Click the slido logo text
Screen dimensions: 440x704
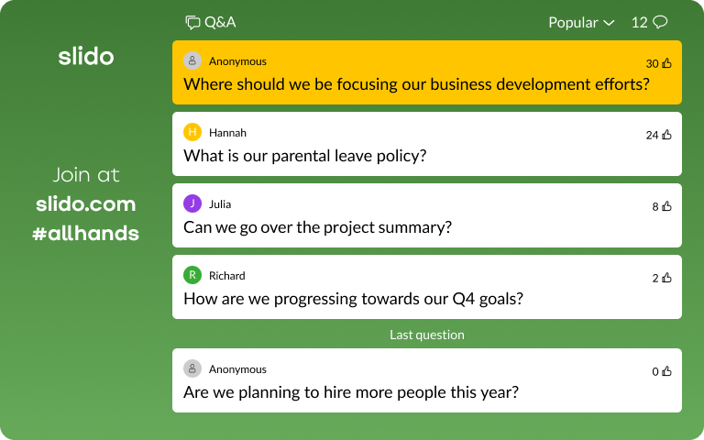pyautogui.click(x=86, y=57)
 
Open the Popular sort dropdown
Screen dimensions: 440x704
pyautogui.click(x=581, y=22)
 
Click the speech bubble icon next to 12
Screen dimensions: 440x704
pyautogui.click(x=660, y=22)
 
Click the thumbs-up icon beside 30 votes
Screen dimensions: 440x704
pyautogui.click(x=666, y=63)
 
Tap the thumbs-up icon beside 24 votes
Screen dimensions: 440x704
pyautogui.click(x=666, y=135)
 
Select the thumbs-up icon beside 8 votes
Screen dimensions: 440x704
pyautogui.click(x=666, y=206)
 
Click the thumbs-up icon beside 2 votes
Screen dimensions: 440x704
pyautogui.click(x=666, y=278)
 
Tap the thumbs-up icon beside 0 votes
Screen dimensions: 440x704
pyautogui.click(x=666, y=371)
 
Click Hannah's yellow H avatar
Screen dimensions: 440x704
pyautogui.click(x=192, y=132)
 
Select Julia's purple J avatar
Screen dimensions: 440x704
pyautogui.click(x=192, y=203)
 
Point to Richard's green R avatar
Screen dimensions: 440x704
pyautogui.click(x=192, y=275)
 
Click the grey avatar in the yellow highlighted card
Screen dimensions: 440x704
pyautogui.click(x=192, y=60)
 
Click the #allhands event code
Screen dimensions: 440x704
pyautogui.click(x=86, y=233)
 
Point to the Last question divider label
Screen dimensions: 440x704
pyautogui.click(x=427, y=335)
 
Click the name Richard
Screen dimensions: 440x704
pyautogui.click(x=227, y=275)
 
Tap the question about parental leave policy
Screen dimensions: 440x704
pyautogui.click(x=305, y=156)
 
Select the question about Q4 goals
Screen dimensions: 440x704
pyautogui.click(x=353, y=299)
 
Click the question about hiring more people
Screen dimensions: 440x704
pyautogui.click(x=351, y=392)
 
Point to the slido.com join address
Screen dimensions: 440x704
pyautogui.click(x=86, y=203)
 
